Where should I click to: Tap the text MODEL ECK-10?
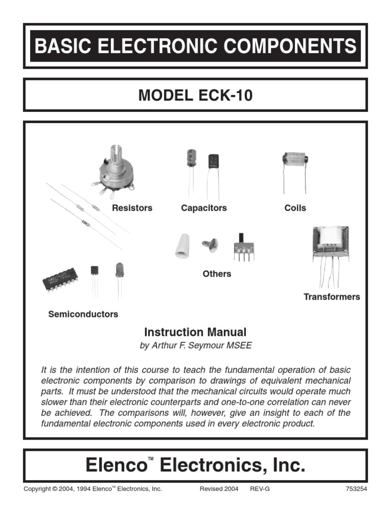[195, 95]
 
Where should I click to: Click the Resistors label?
[132, 208]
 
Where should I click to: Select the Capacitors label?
[204, 208]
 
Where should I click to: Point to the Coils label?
[295, 208]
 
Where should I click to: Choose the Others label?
[217, 274]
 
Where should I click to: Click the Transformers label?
[331, 297]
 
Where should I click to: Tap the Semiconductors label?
[83, 314]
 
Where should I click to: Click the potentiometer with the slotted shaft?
[115, 170]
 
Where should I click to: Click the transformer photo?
[330, 244]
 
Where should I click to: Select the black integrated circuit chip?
[60, 280]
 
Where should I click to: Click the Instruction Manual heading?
[195, 333]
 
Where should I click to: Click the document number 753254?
[356, 489]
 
